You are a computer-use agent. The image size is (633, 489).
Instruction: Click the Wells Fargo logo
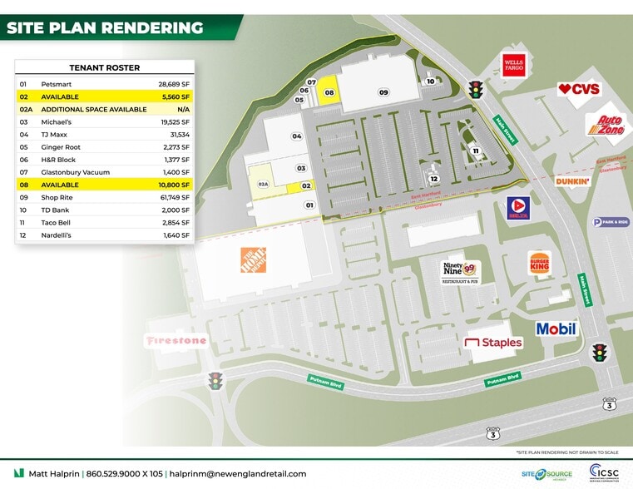[x=513, y=65]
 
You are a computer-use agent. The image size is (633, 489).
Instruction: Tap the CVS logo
[x=579, y=89]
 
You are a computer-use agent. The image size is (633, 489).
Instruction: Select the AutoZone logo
[x=605, y=126]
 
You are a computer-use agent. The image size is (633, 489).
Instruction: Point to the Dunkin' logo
[x=574, y=180]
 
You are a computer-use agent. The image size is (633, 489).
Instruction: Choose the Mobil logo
[x=556, y=329]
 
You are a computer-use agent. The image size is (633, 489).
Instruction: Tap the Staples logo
[x=493, y=343]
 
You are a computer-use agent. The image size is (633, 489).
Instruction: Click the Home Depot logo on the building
[x=253, y=259]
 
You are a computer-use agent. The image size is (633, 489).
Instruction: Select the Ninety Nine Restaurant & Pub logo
[x=460, y=272]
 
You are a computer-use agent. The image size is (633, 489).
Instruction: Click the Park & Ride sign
[x=611, y=222]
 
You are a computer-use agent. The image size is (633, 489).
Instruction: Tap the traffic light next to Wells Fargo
[x=477, y=90]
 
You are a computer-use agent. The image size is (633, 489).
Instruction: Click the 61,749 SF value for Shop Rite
[x=175, y=197]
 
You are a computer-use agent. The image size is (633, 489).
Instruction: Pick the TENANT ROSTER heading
[x=104, y=68]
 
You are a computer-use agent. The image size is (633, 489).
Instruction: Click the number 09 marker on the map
[x=383, y=92]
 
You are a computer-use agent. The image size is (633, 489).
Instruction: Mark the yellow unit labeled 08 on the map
[x=329, y=92]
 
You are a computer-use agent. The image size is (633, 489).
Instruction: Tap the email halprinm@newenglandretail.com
[x=238, y=473]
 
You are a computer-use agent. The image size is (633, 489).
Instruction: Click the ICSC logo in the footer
[x=603, y=472]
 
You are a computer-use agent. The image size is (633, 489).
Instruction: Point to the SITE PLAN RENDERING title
[x=105, y=27]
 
